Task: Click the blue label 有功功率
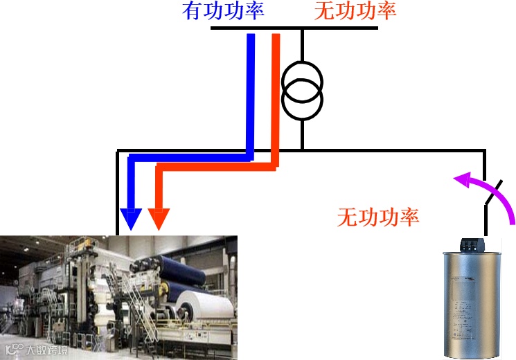[x=223, y=11]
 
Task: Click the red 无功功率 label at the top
[x=355, y=11]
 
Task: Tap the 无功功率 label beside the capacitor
[x=378, y=217]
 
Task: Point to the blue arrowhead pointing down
[x=130, y=219]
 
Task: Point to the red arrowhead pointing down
[x=159, y=219]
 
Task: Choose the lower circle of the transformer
[x=302, y=100]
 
